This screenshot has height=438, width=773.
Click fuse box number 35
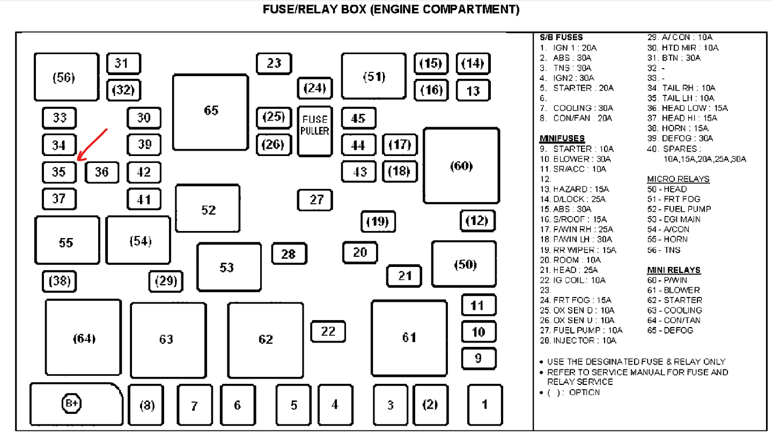coord(59,172)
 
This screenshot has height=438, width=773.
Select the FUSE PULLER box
coord(315,131)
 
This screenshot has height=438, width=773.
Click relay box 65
coord(211,111)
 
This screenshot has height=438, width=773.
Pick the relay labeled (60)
coord(461,166)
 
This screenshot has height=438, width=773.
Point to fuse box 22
coord(328,331)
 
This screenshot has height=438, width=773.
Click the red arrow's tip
coord(78,159)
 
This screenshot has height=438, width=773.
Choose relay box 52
coord(208,209)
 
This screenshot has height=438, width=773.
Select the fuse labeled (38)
coord(60,281)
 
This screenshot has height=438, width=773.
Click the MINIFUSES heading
coord(562,138)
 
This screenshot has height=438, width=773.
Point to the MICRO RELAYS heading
coord(678,179)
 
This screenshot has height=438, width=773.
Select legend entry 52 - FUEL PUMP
coord(679,209)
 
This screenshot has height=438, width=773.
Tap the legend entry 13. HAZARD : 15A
coord(574,189)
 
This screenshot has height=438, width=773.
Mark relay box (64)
coord(83,338)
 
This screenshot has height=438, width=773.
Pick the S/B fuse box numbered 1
coord(484,405)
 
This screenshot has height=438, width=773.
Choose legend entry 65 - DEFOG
coord(670,330)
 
